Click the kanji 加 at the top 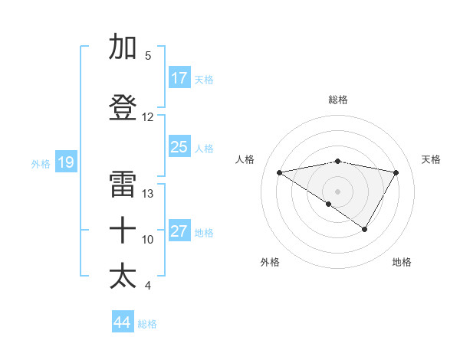tap(123, 47)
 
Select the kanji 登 tap(123, 108)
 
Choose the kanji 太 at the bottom tap(123, 277)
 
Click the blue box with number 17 tap(179, 78)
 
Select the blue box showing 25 tap(179, 147)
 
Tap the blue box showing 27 tap(179, 231)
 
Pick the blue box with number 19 tap(65, 162)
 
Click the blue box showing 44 tap(123, 322)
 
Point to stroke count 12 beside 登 tap(148, 117)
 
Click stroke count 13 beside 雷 tap(148, 194)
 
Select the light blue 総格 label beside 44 tap(148, 324)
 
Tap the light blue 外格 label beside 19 tap(41, 163)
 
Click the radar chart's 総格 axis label tap(337, 100)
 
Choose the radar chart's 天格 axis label tap(431, 159)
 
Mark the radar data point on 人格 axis tap(279, 172)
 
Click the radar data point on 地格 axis tap(365, 229)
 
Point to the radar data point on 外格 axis tap(329, 204)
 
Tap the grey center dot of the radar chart tap(337, 191)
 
